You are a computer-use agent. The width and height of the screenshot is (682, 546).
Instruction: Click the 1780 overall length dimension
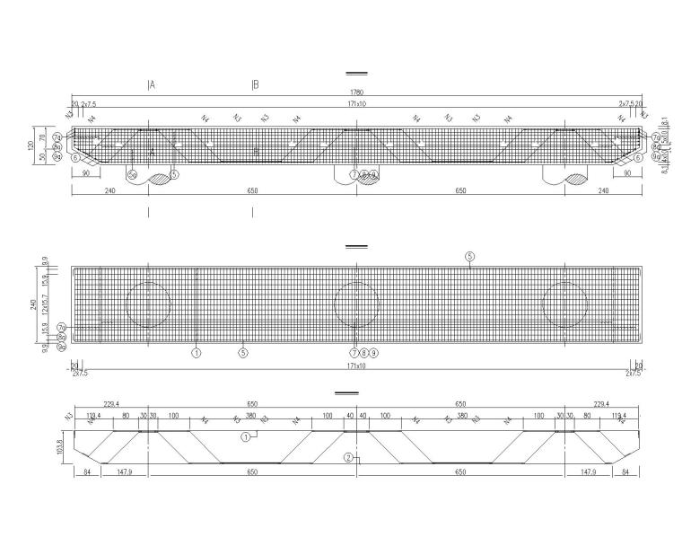[x=357, y=92]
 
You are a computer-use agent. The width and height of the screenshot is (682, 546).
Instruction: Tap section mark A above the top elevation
[x=152, y=85]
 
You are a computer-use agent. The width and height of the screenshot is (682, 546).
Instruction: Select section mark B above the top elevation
[x=256, y=85]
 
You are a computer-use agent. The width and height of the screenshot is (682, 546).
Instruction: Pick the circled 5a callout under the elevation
[x=132, y=174]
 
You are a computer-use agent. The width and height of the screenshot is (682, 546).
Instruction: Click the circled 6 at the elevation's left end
[x=63, y=157]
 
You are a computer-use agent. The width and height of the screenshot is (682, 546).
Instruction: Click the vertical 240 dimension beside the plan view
[x=33, y=304]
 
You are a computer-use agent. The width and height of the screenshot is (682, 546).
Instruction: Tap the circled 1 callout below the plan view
[x=197, y=353]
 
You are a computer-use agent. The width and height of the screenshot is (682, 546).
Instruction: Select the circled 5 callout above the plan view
[x=469, y=256]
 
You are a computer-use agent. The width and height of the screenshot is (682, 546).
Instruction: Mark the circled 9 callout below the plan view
[x=373, y=353]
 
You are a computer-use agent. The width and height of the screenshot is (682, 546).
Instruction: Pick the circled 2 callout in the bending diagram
[x=347, y=457]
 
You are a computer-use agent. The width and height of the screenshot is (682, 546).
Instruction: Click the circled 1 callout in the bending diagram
[x=244, y=436]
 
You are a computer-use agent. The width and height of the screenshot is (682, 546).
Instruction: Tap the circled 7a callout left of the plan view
[x=61, y=327]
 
